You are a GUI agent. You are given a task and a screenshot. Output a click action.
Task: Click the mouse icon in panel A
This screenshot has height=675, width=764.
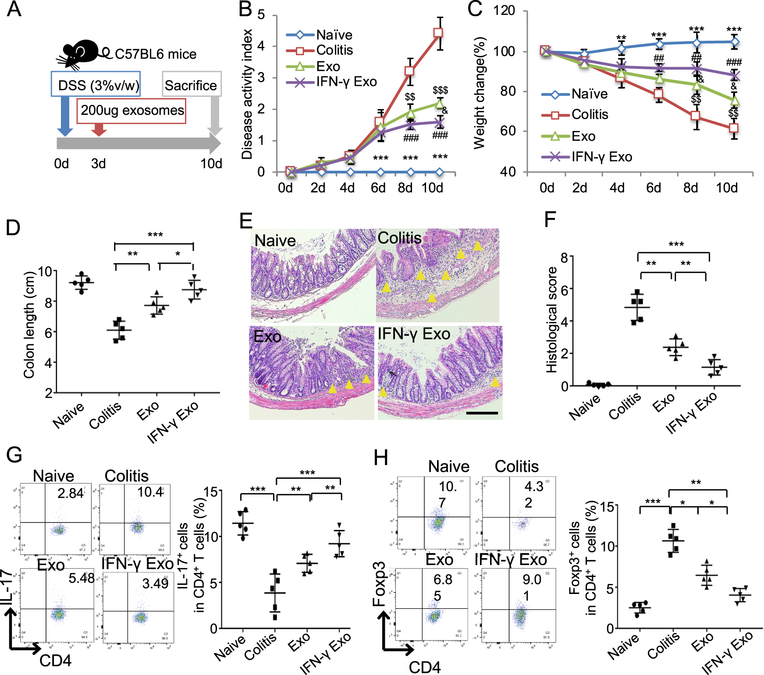[x=81, y=53]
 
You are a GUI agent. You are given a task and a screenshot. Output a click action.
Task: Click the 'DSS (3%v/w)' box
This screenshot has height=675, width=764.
[x=96, y=84]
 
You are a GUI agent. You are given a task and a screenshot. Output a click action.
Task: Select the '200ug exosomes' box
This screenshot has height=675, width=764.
[x=131, y=110]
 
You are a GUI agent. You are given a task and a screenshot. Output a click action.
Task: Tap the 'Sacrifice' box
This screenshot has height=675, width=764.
[x=191, y=85]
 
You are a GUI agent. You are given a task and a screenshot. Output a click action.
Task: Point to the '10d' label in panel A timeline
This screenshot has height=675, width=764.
[x=211, y=164]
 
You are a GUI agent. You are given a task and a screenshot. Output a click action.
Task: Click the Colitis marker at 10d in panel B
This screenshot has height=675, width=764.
[x=438, y=33]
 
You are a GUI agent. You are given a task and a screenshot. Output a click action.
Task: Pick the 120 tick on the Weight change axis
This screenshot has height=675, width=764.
[x=505, y=11]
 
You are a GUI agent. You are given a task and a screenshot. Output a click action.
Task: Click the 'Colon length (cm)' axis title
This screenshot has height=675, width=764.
[x=29, y=325]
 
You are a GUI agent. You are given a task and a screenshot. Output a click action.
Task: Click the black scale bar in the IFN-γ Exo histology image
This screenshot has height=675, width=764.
[x=482, y=413]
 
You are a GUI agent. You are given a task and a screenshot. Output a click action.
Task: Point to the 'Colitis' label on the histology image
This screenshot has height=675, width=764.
[x=399, y=238]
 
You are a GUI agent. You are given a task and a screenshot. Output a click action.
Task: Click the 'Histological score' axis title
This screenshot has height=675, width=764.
[x=551, y=320]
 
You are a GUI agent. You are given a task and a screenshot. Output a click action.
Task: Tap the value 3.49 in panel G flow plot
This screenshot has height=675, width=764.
[x=155, y=583]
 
